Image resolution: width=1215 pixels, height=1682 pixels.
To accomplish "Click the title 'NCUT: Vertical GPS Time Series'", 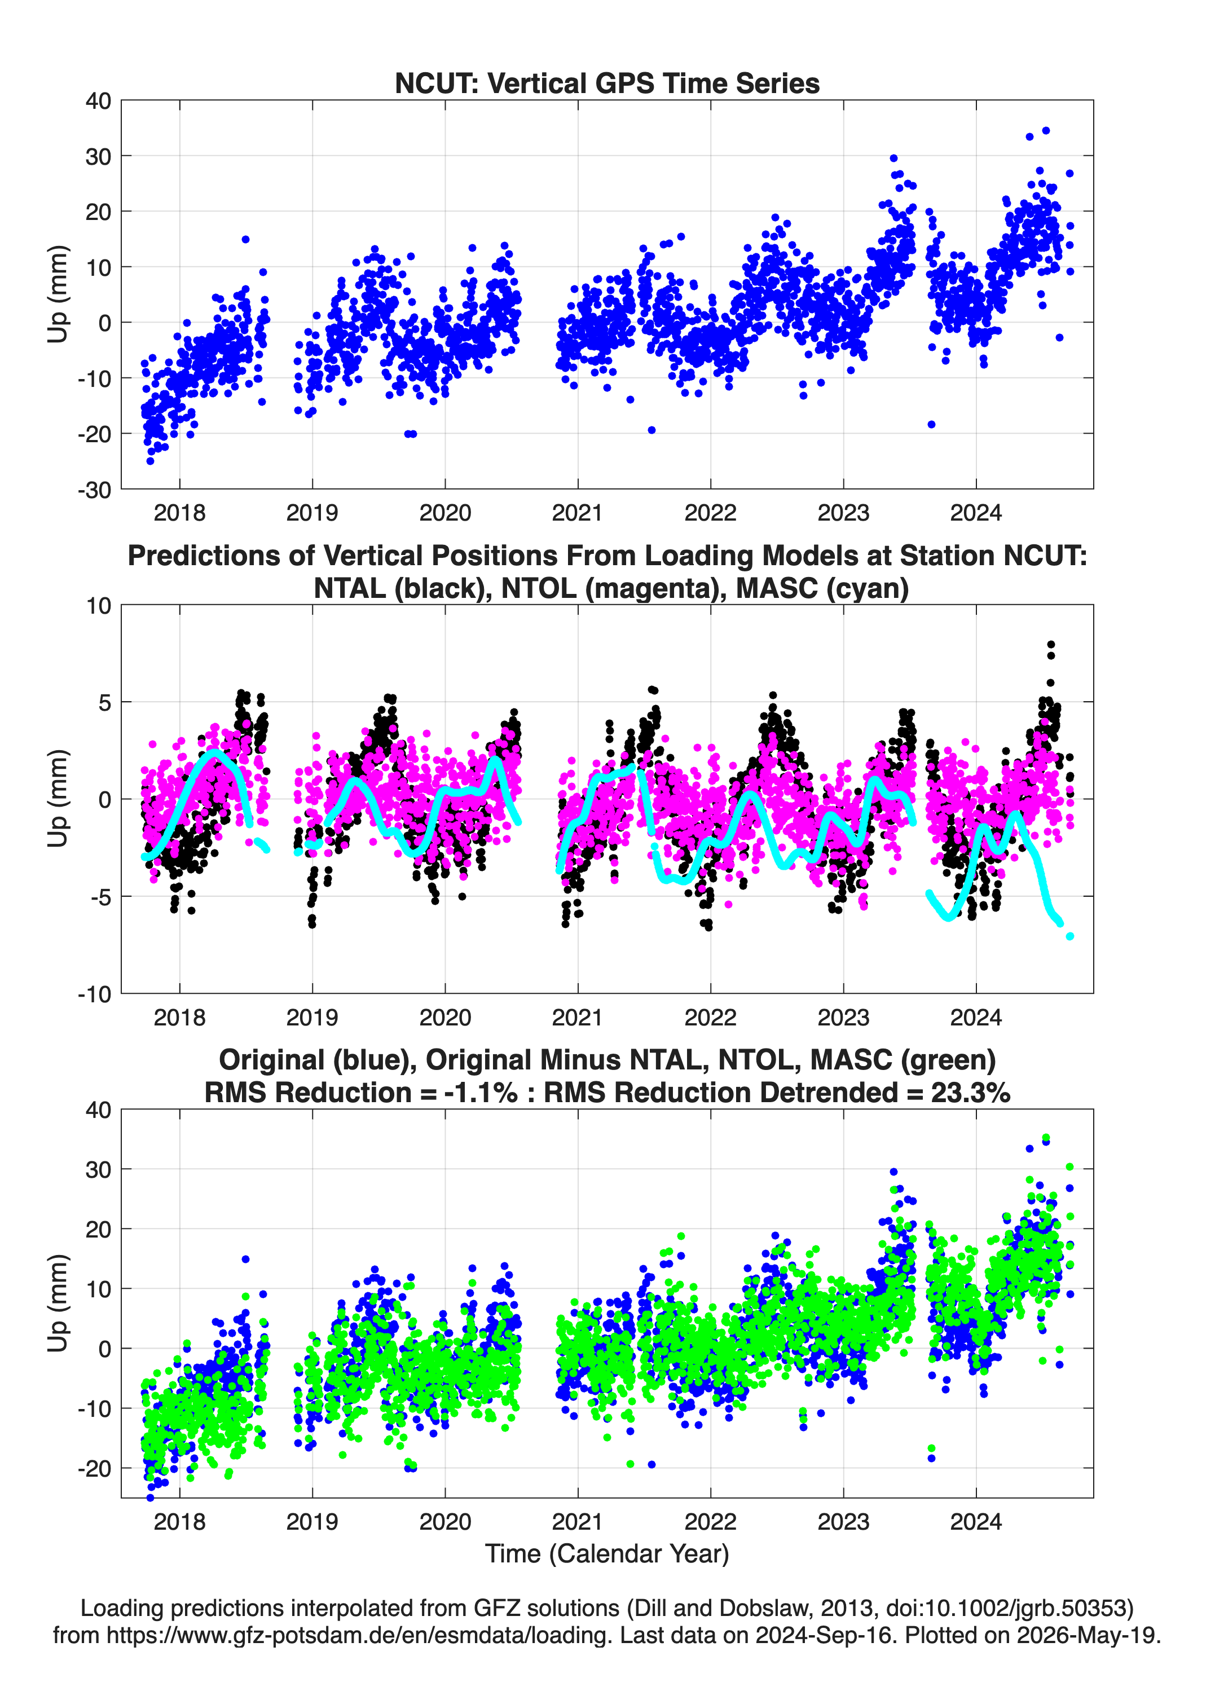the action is (x=607, y=83).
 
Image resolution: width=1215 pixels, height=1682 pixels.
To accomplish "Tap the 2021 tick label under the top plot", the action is (x=578, y=513).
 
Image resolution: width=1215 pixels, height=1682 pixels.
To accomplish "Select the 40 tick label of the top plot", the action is (x=99, y=101).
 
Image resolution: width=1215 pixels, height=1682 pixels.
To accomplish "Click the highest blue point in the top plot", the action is (x=1046, y=130).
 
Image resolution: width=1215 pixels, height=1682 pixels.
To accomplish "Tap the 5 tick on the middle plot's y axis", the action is (x=105, y=702).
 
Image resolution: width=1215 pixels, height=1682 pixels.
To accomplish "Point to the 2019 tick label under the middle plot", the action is (x=312, y=1018).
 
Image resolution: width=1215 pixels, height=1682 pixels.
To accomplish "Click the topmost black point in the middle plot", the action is (x=1051, y=645).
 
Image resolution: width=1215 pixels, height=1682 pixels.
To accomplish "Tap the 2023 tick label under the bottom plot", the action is (x=843, y=1522).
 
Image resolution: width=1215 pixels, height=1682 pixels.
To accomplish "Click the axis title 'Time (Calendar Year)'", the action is (x=607, y=1554).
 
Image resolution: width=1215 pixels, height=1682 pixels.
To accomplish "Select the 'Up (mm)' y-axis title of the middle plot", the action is (x=58, y=799).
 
